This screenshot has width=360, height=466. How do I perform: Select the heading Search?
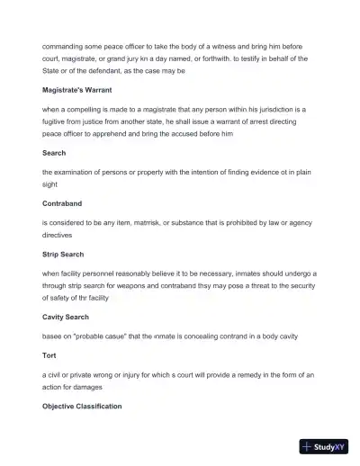point(54,153)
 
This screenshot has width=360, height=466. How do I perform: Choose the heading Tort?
point(49,354)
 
